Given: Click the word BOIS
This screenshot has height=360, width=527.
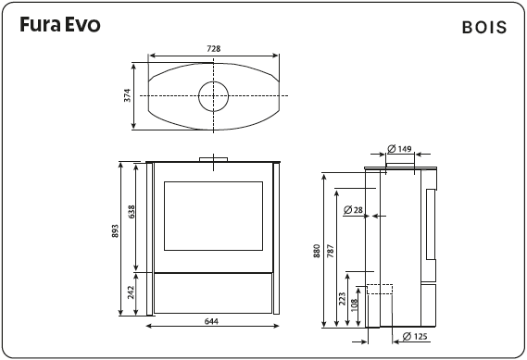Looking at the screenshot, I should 483,27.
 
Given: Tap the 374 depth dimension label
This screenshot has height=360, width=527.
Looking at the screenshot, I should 129,96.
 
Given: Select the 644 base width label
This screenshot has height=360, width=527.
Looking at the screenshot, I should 212,323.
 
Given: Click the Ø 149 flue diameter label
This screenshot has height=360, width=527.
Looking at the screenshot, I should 399,148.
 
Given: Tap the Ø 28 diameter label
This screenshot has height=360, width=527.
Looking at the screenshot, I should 353,211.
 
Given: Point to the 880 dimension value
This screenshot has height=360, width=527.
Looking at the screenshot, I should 317,251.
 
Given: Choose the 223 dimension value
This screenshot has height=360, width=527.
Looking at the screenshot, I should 342,299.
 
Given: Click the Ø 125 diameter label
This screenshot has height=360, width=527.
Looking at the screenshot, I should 415,336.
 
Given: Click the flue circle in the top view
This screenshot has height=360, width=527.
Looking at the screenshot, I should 213,95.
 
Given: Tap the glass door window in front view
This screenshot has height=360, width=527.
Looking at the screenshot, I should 213,215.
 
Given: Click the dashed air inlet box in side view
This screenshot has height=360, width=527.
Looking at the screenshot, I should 379,289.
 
